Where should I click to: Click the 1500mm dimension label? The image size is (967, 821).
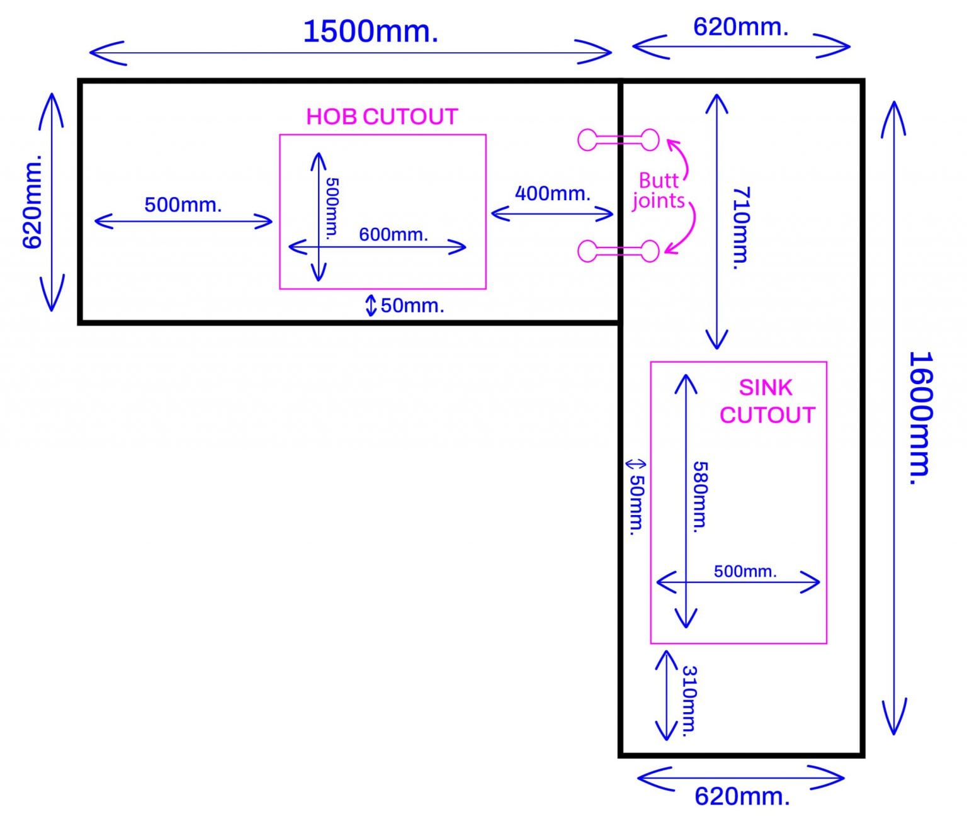(x=370, y=31)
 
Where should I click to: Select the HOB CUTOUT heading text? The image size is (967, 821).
(x=382, y=116)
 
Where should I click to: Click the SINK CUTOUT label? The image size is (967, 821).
(x=767, y=401)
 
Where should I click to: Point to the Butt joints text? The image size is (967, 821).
(x=659, y=190)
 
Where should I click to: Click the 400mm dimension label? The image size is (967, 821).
(x=552, y=193)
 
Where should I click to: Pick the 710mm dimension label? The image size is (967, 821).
(x=741, y=228)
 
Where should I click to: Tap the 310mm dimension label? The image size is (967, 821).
(x=690, y=701)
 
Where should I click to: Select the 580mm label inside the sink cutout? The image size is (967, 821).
(x=700, y=497)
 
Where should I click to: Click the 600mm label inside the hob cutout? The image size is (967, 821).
(x=393, y=234)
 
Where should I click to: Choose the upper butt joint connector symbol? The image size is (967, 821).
(x=618, y=140)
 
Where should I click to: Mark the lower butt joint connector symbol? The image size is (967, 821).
(x=618, y=251)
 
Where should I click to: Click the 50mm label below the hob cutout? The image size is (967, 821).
(x=412, y=305)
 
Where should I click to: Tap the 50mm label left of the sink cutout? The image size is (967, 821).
(x=637, y=504)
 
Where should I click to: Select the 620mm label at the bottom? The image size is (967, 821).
(x=742, y=796)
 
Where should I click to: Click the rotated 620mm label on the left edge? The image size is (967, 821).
(x=32, y=201)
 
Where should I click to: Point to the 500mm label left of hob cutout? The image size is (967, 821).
(x=183, y=205)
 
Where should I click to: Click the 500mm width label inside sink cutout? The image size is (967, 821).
(x=745, y=571)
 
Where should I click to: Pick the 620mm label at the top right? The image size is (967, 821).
(x=740, y=27)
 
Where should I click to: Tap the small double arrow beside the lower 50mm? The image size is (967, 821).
(x=635, y=465)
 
